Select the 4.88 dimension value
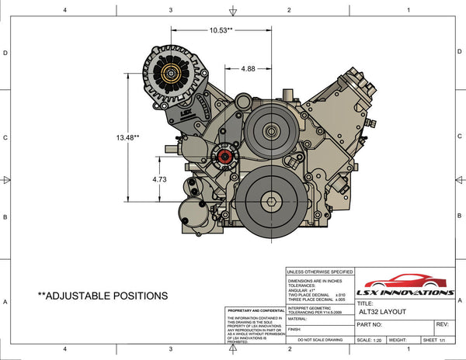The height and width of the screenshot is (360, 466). coord(248,69)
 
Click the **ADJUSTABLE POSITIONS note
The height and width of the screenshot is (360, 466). coord(103,296)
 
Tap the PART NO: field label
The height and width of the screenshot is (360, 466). coord(370,325)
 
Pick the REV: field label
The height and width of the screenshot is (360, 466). coord(443,325)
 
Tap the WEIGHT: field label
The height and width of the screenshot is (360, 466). coord(399,340)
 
